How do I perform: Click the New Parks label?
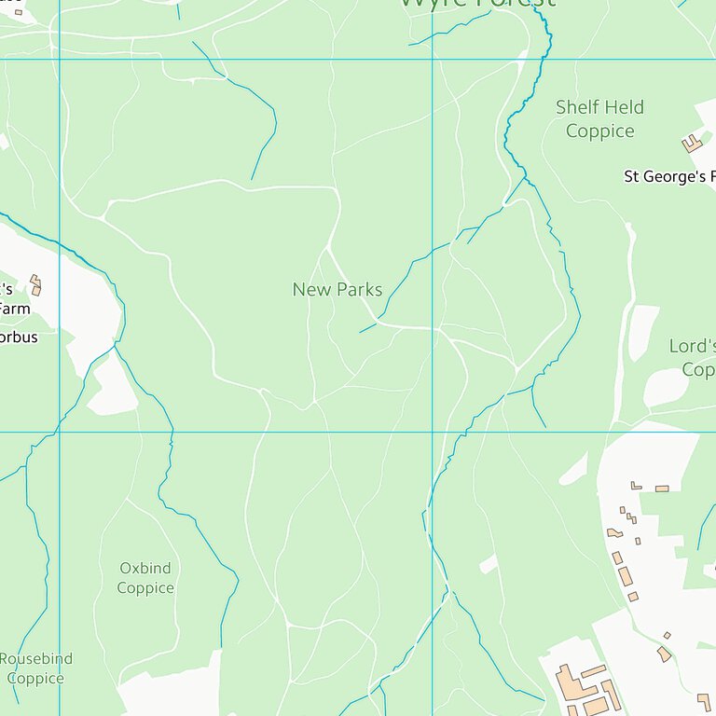(x=337, y=290)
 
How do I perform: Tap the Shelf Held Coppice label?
(x=599, y=119)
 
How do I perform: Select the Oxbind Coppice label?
(x=145, y=578)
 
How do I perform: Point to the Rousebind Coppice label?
(x=35, y=668)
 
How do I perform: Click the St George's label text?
(x=669, y=176)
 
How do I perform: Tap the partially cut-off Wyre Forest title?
(x=477, y=4)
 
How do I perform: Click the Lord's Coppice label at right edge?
(x=692, y=358)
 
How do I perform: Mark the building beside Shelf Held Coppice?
(x=692, y=143)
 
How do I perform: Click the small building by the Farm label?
(x=35, y=284)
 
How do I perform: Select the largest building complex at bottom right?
(x=587, y=690)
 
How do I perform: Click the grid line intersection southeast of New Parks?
(x=432, y=432)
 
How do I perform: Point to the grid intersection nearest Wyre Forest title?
(x=432, y=60)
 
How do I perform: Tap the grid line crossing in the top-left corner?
(x=60, y=60)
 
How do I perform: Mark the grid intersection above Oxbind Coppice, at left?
(x=60, y=432)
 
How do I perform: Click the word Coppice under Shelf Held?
(x=599, y=131)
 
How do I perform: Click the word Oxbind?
(x=145, y=568)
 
